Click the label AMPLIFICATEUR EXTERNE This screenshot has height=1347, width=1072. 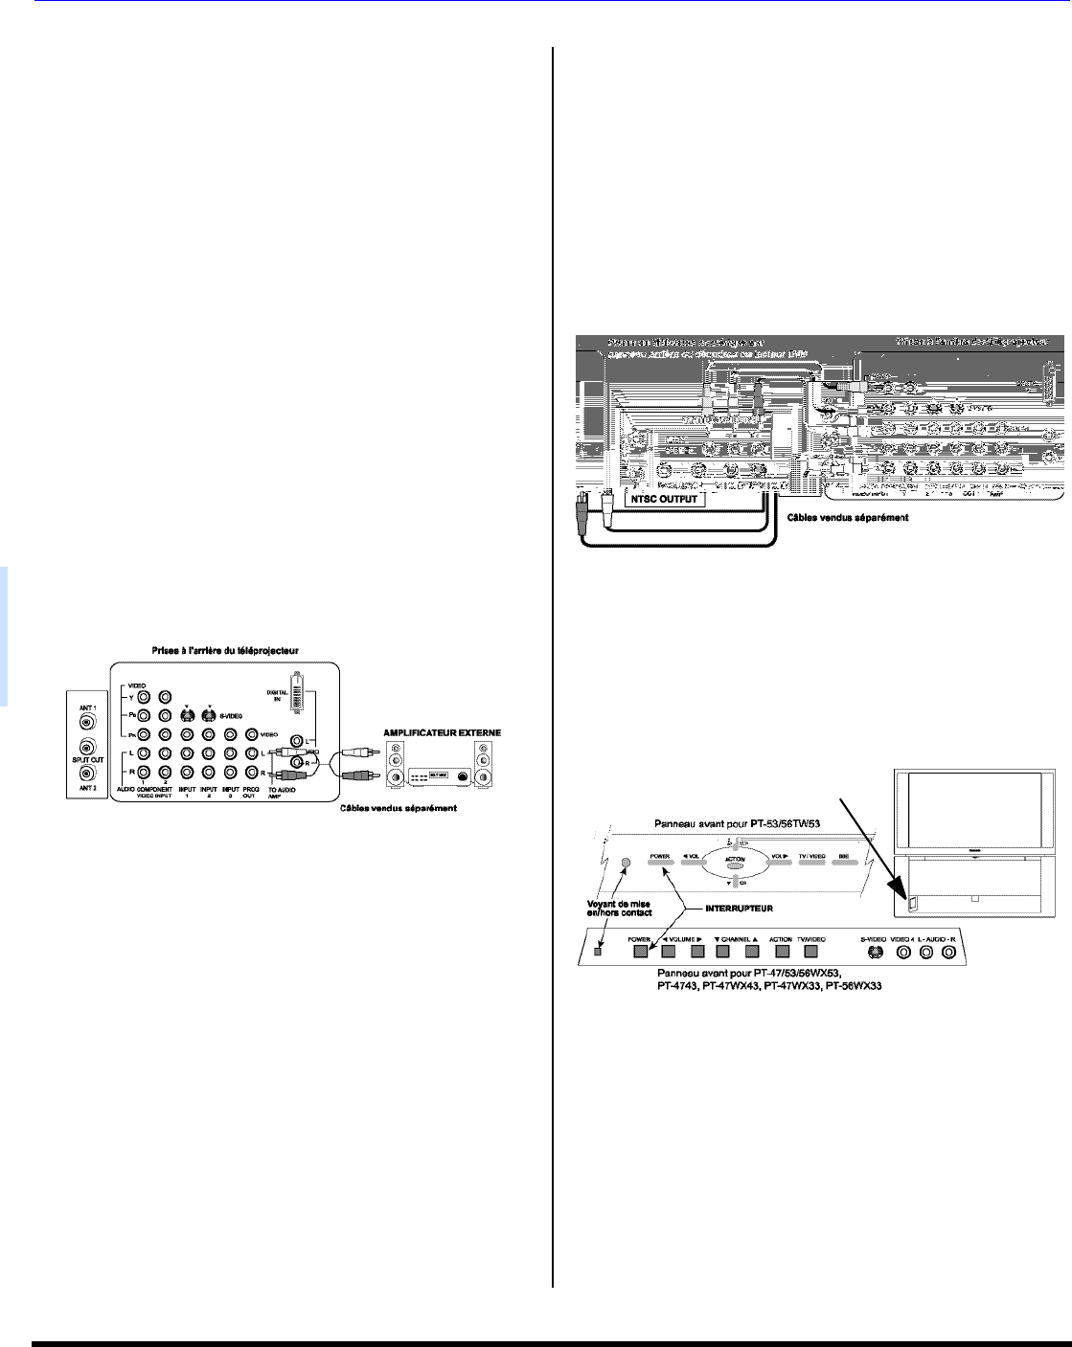(x=444, y=733)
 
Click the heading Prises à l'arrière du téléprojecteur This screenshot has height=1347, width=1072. (x=223, y=651)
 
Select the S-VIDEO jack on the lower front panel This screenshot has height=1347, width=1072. (x=874, y=953)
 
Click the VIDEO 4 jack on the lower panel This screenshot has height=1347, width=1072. (x=901, y=953)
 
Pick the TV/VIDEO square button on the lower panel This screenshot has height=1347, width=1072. (x=814, y=951)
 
